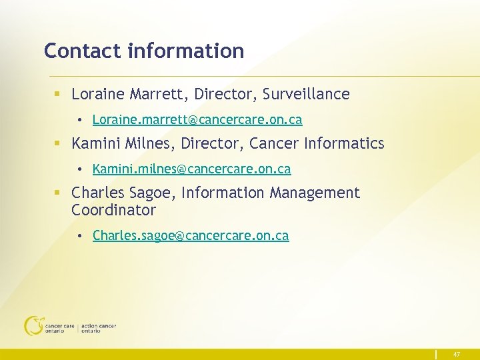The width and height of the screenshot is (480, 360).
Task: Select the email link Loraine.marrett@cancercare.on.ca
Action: pos(197,120)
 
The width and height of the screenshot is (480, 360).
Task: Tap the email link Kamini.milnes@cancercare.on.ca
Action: pos(191,169)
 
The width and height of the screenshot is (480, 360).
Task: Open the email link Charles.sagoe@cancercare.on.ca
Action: pos(191,236)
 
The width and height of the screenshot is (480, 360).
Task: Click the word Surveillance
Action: pos(306,95)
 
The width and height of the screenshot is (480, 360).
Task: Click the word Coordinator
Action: pos(113,210)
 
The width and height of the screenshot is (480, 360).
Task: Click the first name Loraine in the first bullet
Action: pos(97,95)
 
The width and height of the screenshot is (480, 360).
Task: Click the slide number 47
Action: pos(457,355)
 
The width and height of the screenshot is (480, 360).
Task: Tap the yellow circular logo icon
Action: pos(33,325)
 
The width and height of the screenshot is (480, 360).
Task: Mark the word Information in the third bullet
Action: pos(223,193)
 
